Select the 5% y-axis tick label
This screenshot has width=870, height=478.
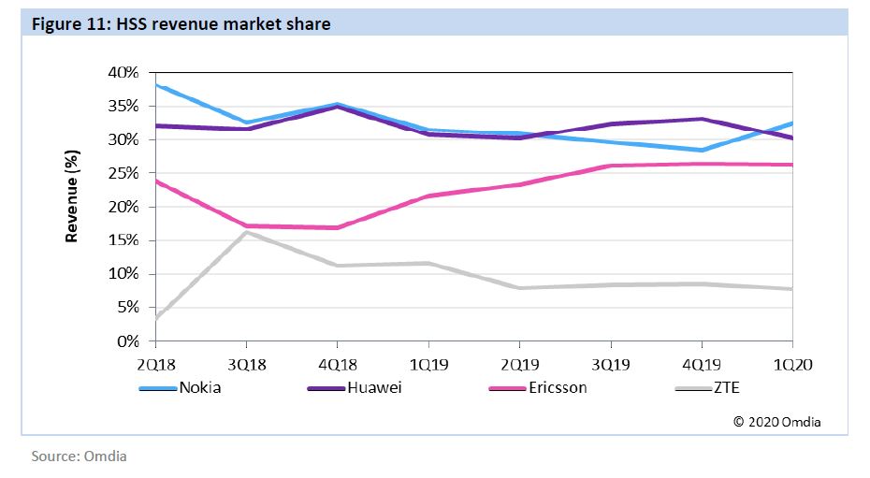coord(129,308)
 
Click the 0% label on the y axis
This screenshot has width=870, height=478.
coord(129,341)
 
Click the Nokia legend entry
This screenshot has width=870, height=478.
coord(199,387)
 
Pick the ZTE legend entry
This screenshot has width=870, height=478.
coord(725,387)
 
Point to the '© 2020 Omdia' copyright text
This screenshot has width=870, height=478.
coord(776,422)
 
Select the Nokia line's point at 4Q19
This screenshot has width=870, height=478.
coord(701,150)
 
